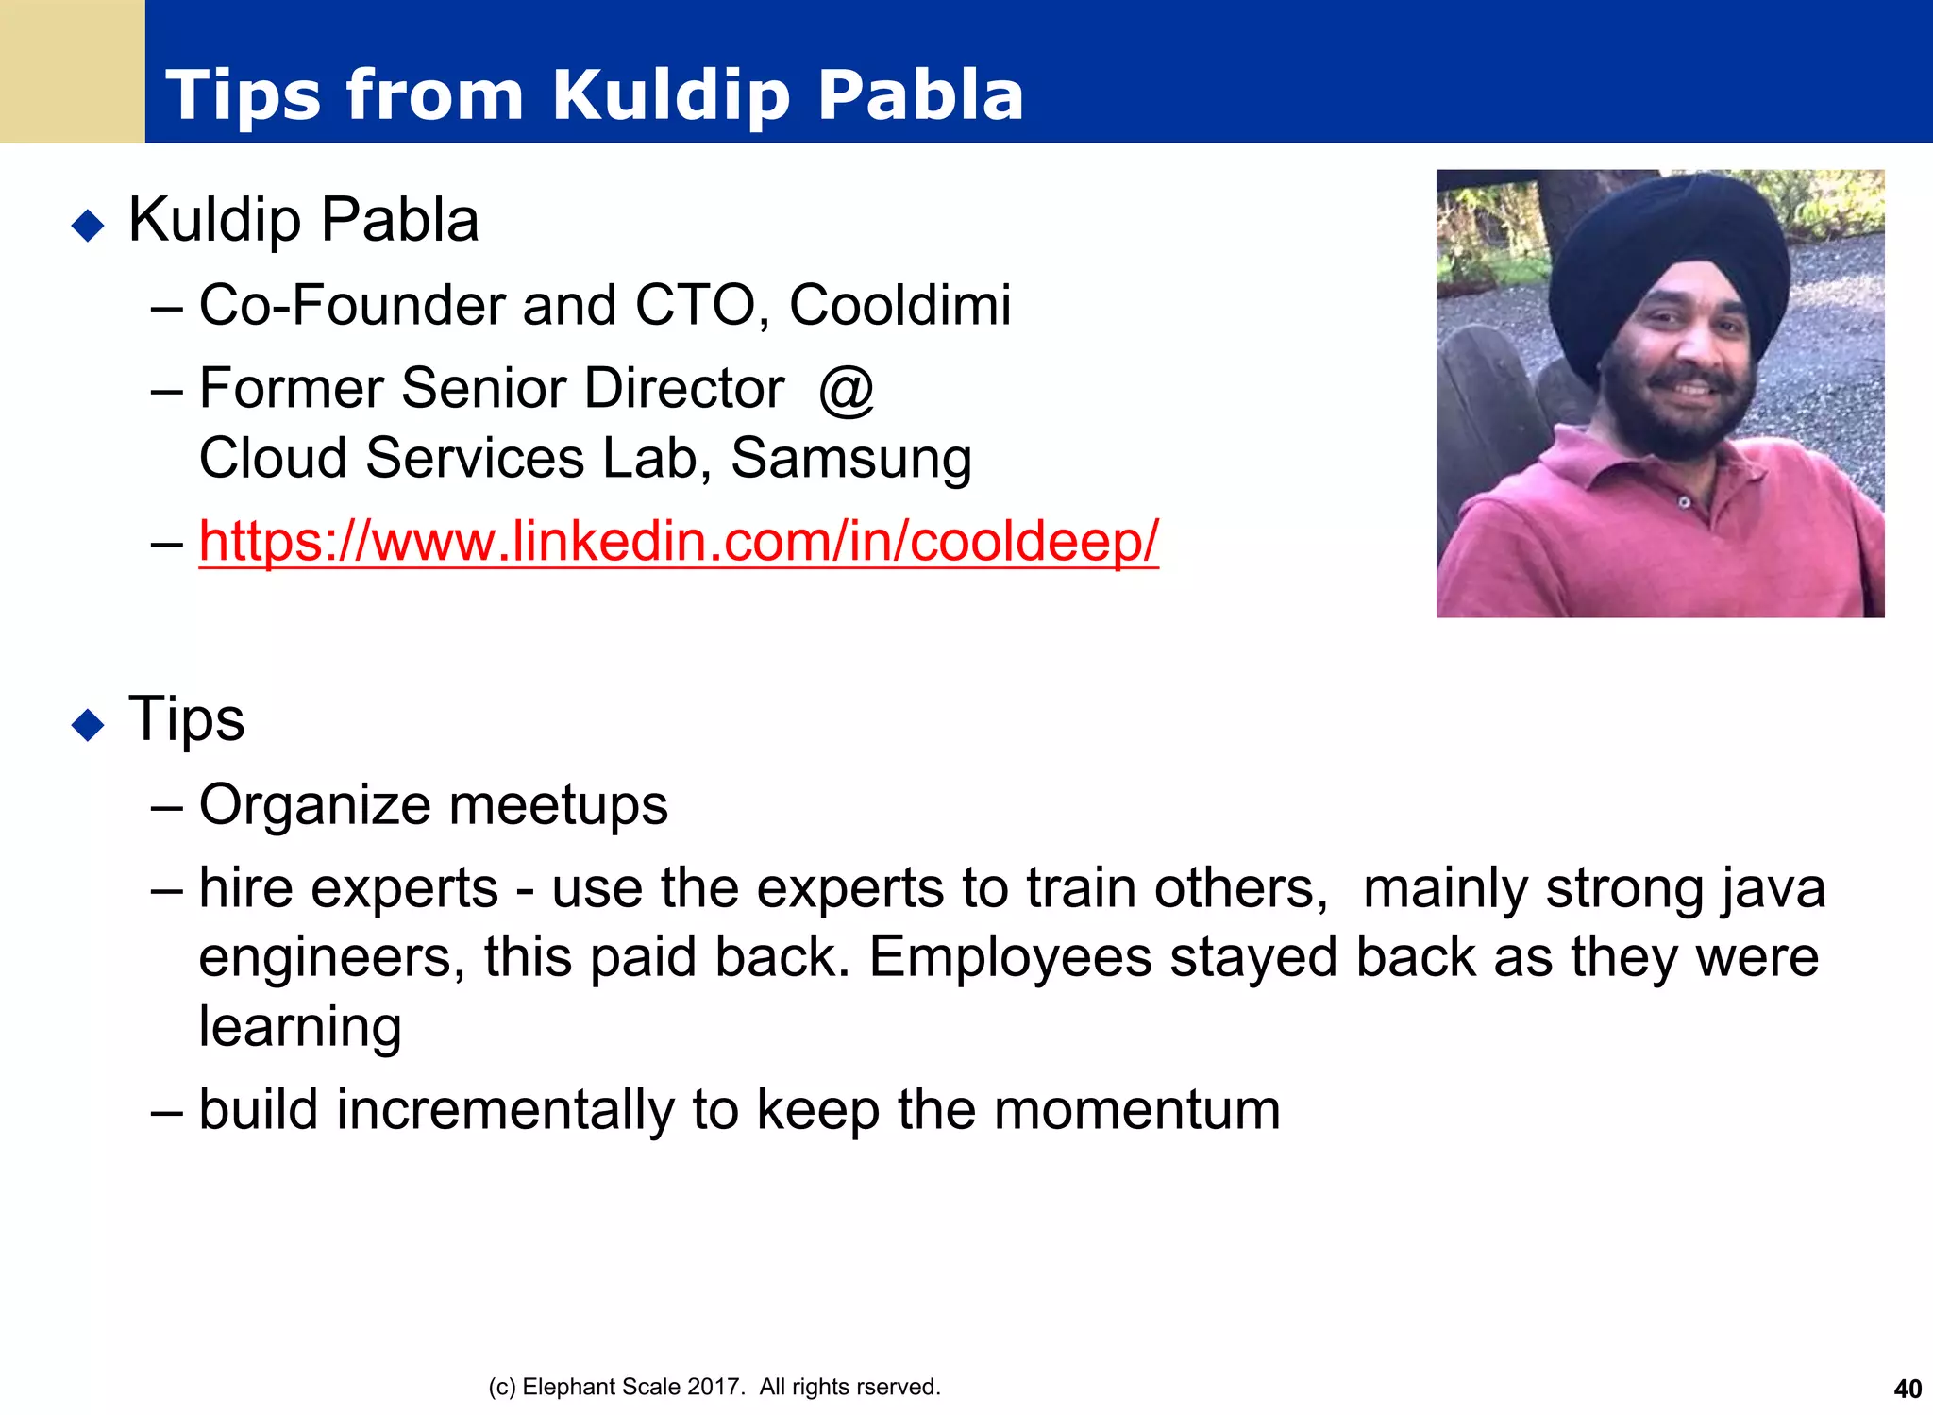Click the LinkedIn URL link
[x=678, y=542]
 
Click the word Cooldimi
[x=899, y=306]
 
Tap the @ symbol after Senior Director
[x=847, y=389]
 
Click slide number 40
[x=1907, y=1389]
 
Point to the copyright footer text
[x=714, y=1387]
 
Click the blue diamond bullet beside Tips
[x=88, y=725]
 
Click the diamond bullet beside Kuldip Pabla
[x=88, y=226]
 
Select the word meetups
[x=558, y=806]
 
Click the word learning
[x=300, y=1027]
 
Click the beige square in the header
[x=72, y=71]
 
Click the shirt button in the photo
[x=1683, y=503]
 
